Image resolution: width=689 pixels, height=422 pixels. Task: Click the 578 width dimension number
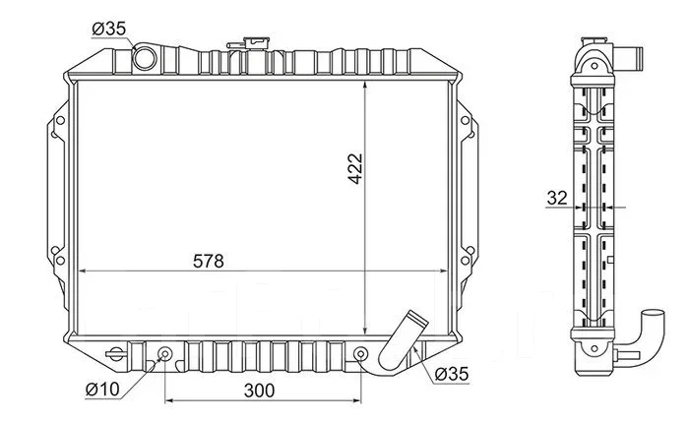click(x=209, y=262)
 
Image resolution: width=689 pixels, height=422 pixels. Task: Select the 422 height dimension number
click(x=355, y=168)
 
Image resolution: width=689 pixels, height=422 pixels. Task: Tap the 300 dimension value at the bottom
click(x=259, y=391)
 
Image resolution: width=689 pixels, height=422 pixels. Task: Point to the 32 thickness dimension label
click(x=557, y=198)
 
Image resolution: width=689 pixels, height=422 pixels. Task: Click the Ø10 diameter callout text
click(x=102, y=390)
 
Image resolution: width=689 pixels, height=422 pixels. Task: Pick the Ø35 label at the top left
click(x=109, y=29)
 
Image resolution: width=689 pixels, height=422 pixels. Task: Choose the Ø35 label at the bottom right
click(x=452, y=374)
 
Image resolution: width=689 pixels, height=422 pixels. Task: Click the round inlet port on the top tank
click(x=145, y=58)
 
